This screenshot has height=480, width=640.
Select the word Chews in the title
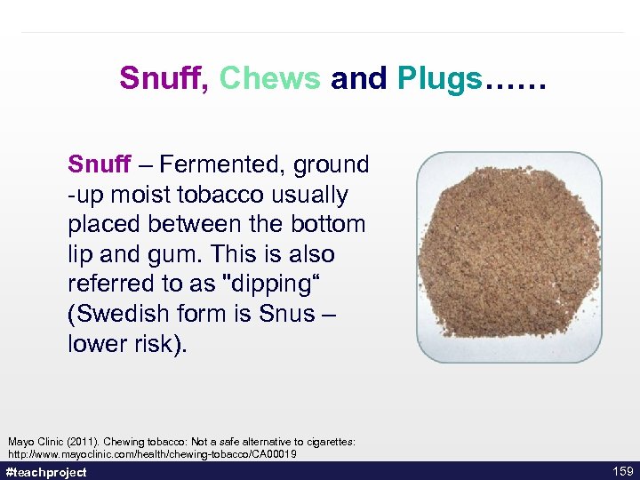click(269, 79)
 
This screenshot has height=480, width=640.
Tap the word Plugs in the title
click(439, 79)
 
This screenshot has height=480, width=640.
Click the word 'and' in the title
click(359, 79)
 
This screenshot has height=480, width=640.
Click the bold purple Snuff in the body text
click(100, 164)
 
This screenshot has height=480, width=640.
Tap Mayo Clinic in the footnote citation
click(34, 442)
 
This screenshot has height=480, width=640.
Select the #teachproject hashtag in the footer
click(46, 472)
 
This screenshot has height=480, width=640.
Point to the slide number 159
click(623, 471)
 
